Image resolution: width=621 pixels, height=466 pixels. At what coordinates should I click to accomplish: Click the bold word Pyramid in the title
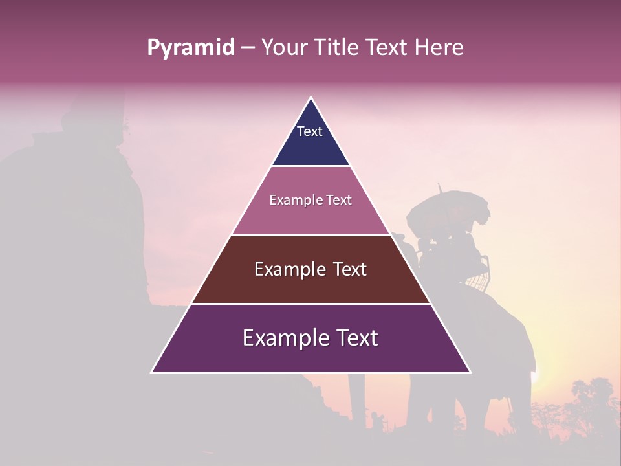[190, 48]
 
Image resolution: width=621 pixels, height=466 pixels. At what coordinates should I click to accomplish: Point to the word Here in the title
[439, 48]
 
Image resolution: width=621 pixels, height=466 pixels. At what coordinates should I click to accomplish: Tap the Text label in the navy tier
[310, 131]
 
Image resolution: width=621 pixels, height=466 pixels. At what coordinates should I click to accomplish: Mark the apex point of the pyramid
[310, 98]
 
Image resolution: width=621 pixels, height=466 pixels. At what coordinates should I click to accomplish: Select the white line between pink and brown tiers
[310, 235]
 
